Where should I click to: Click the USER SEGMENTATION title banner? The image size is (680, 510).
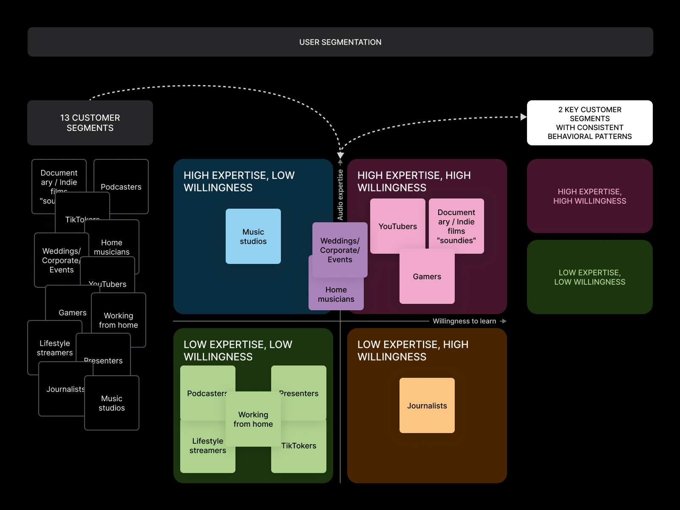coord(340,42)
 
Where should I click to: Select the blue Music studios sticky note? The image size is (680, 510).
coord(253,236)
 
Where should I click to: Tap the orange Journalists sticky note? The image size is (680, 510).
coord(427,405)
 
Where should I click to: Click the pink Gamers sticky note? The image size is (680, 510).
coord(427,280)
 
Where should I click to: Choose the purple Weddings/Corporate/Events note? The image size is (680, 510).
coord(340,250)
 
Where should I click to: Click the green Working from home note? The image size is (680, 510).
coord(253,419)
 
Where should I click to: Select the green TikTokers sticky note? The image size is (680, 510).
coord(302,450)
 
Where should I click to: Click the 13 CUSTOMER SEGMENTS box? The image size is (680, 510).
coord(90,123)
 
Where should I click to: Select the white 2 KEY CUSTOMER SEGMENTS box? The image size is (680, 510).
coord(589,123)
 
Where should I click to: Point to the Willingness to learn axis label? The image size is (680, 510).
coord(464,321)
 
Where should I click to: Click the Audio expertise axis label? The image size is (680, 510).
coord(340,195)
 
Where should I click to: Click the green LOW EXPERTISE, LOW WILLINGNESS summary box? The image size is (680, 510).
coord(589,277)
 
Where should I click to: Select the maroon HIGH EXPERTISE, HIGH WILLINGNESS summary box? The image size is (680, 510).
coord(589,196)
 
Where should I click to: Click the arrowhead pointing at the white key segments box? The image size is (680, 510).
coord(524,117)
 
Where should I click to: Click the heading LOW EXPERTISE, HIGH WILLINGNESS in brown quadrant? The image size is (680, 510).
coord(413,351)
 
